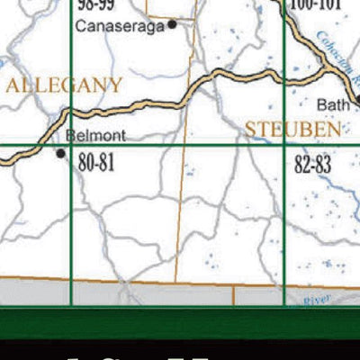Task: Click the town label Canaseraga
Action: click(x=120, y=27)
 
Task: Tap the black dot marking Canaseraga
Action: click(x=172, y=23)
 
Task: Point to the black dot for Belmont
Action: click(x=60, y=154)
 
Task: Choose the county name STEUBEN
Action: click(x=292, y=130)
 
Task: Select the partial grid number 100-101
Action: click(x=316, y=5)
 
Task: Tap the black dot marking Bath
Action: click(x=357, y=100)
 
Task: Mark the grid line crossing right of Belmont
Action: click(x=71, y=144)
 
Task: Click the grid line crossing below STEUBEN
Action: click(x=284, y=144)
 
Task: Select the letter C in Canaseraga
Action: click(x=81, y=27)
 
